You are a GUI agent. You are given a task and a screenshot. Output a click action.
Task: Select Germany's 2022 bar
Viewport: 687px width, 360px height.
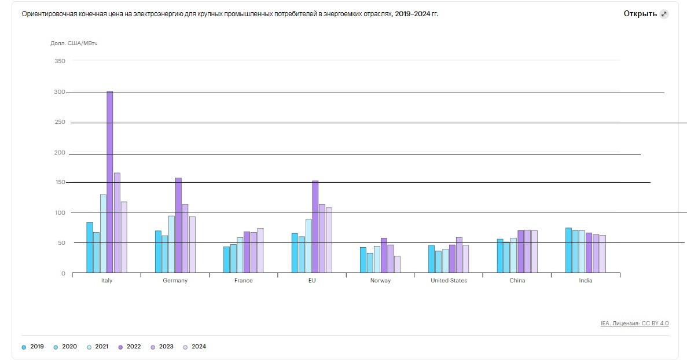click(x=178, y=225)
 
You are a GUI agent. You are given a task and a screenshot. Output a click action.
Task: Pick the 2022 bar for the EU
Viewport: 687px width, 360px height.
click(x=315, y=226)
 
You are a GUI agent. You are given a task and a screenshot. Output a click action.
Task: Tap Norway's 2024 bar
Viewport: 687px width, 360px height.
click(x=397, y=264)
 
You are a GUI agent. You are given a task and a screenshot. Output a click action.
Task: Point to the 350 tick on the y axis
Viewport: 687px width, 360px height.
click(x=60, y=61)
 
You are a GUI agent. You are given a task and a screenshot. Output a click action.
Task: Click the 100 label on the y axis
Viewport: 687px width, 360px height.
click(x=60, y=212)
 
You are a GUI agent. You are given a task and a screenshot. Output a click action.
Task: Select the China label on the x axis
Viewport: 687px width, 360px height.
click(x=517, y=281)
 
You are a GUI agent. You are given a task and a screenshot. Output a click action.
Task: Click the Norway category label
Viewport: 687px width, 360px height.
click(x=380, y=281)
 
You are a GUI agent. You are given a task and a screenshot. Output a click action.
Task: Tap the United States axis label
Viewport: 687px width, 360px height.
click(x=449, y=281)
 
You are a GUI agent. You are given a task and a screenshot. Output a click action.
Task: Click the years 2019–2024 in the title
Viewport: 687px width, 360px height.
click(x=416, y=14)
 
